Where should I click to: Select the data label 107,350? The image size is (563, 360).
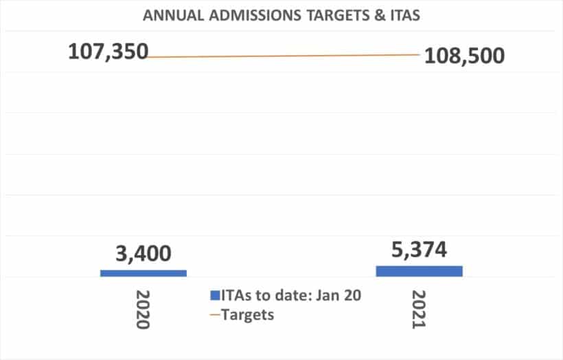pyautogui.click(x=108, y=52)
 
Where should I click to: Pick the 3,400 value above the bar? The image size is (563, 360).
pyautogui.click(x=143, y=255)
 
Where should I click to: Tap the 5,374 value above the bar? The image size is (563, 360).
pyautogui.click(x=419, y=250)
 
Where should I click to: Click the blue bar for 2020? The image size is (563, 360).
pyautogui.click(x=143, y=273)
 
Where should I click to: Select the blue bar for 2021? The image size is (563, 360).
pyautogui.click(x=419, y=271)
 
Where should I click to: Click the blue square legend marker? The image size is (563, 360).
pyautogui.click(x=215, y=296)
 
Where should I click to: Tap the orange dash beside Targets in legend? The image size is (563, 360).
pyautogui.click(x=215, y=315)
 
